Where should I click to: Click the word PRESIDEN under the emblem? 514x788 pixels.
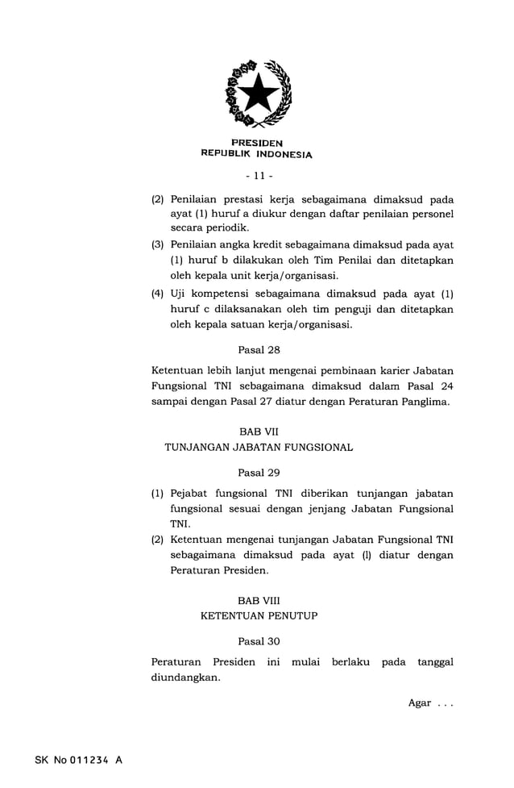[x=257, y=144]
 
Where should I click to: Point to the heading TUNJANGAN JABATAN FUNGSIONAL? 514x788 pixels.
[x=259, y=447]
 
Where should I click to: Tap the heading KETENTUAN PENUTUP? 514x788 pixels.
[x=259, y=615]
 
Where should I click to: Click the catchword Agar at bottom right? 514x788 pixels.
[x=419, y=703]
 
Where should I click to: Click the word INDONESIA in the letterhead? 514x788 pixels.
[x=283, y=154]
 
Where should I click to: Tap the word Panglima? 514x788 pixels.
[x=425, y=401]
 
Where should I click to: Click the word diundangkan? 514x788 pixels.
[x=184, y=678]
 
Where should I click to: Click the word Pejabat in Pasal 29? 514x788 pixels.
[x=190, y=493]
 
